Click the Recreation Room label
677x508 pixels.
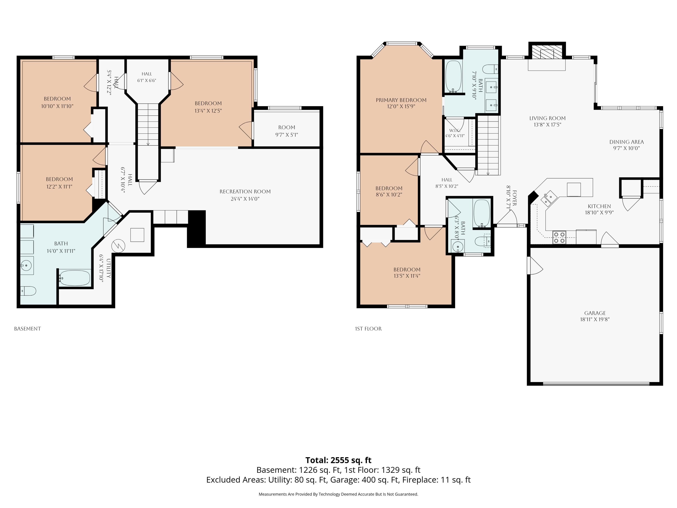245,192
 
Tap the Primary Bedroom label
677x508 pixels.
401,100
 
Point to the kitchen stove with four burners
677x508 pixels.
559,238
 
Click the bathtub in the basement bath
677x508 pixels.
75,278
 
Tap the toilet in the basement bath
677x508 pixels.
28,291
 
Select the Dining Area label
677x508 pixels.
626,142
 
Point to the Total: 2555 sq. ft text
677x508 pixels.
338,460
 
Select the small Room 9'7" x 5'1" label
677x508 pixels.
286,131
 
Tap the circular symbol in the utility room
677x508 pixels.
118,246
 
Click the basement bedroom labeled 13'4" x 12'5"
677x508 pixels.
208,107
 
